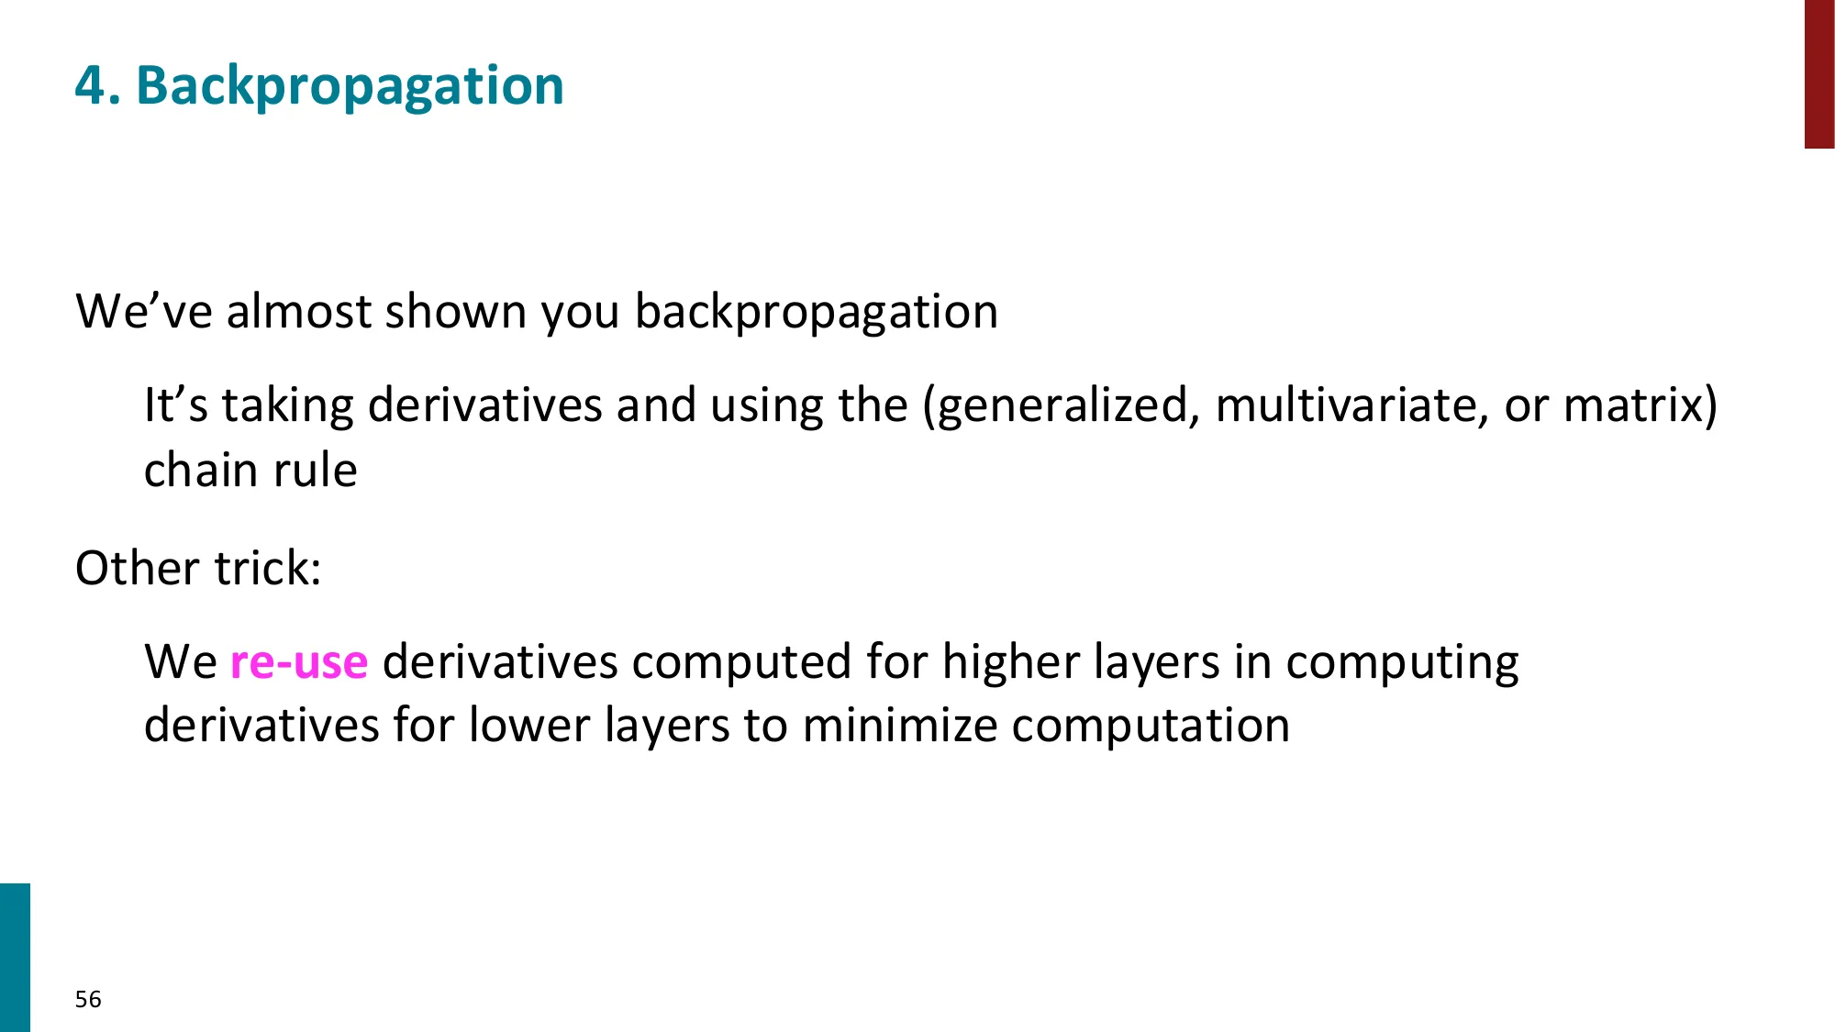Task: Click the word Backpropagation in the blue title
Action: pos(350,87)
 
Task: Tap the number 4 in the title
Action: pos(90,86)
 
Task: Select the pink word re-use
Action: pos(298,661)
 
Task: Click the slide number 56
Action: pos(88,999)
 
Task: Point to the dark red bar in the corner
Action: pos(1818,73)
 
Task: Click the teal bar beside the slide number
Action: pos(15,957)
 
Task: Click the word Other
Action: pos(137,569)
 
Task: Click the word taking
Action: pos(287,406)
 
